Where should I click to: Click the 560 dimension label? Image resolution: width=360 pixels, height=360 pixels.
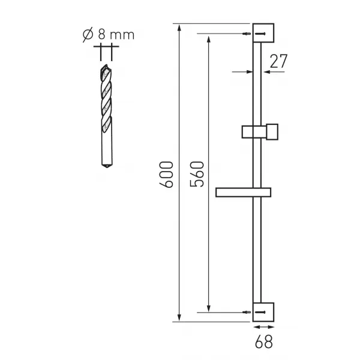pos(198,173)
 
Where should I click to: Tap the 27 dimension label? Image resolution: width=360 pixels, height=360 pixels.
pos(279,61)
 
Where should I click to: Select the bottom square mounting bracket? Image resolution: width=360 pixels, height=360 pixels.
pos(263,311)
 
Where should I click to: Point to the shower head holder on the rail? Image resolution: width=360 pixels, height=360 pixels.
pos(260,131)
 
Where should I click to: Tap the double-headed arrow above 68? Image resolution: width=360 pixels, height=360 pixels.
pos(263,328)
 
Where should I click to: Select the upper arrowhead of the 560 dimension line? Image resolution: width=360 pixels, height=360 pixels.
pos(208,38)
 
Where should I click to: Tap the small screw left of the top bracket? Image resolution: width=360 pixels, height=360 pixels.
pos(247,34)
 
